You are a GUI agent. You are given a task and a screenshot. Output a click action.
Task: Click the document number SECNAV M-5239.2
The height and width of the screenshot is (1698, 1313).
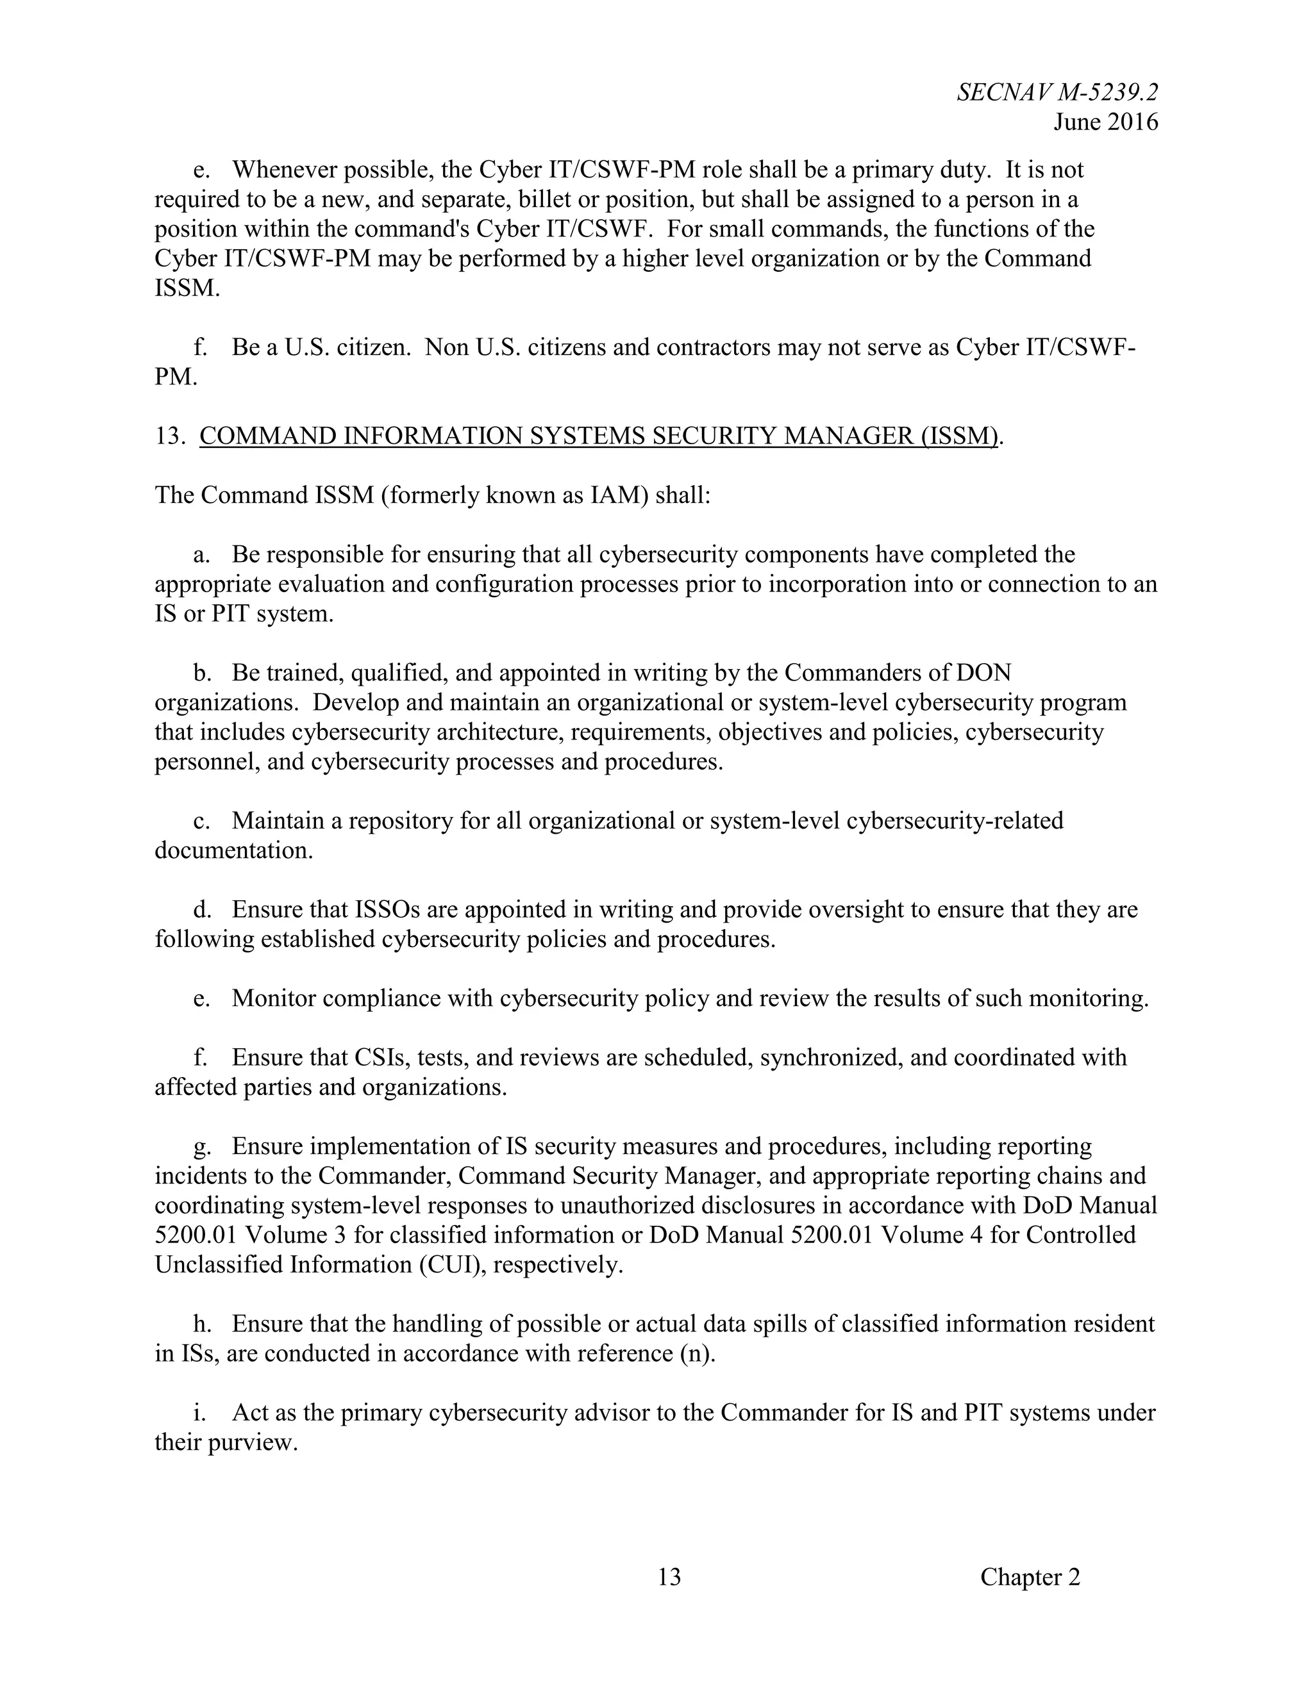click(1057, 92)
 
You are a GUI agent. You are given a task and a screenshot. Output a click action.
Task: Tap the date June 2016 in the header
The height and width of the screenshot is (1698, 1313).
click(1105, 122)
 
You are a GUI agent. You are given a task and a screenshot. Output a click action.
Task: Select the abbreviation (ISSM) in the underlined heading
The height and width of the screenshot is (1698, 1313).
click(958, 436)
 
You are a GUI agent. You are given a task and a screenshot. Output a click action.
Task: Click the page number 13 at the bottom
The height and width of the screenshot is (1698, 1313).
click(669, 1577)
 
